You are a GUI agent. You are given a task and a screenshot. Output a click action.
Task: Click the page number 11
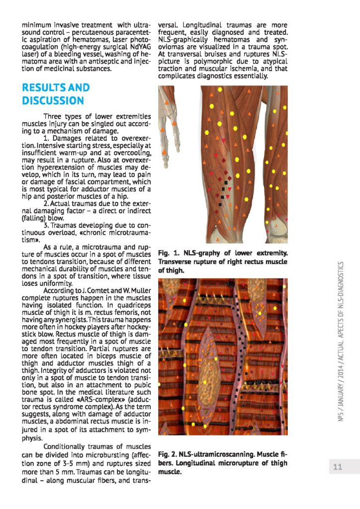[x=338, y=467]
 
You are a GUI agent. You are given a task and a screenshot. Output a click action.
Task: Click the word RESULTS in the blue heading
[x=43, y=88]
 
